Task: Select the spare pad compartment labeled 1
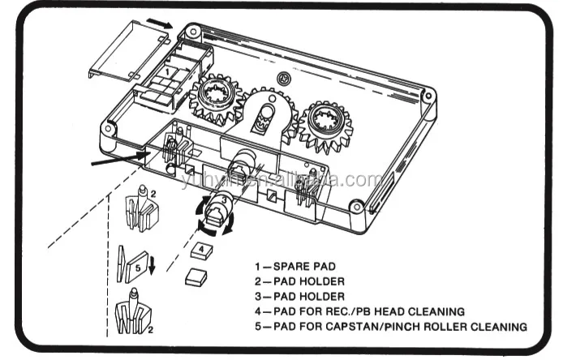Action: [166, 75]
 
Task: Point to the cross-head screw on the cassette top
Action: [283, 78]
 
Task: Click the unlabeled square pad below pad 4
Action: [195, 277]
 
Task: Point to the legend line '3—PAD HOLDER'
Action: [294, 297]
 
